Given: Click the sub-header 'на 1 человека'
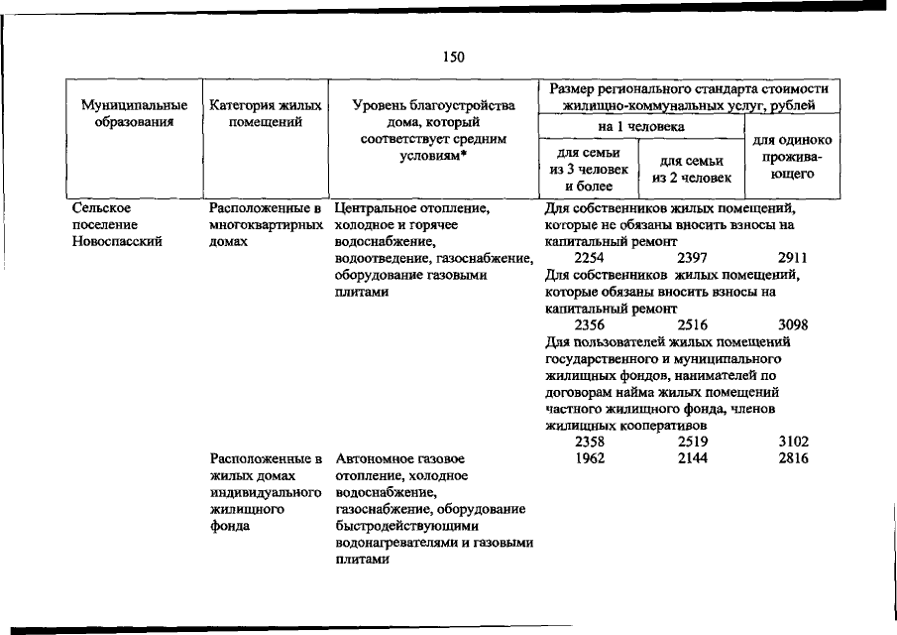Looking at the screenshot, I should coord(640,126).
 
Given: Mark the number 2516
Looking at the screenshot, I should coord(692,324).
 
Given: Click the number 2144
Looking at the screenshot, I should coord(692,459).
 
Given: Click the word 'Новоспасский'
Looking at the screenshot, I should coord(117,242).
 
